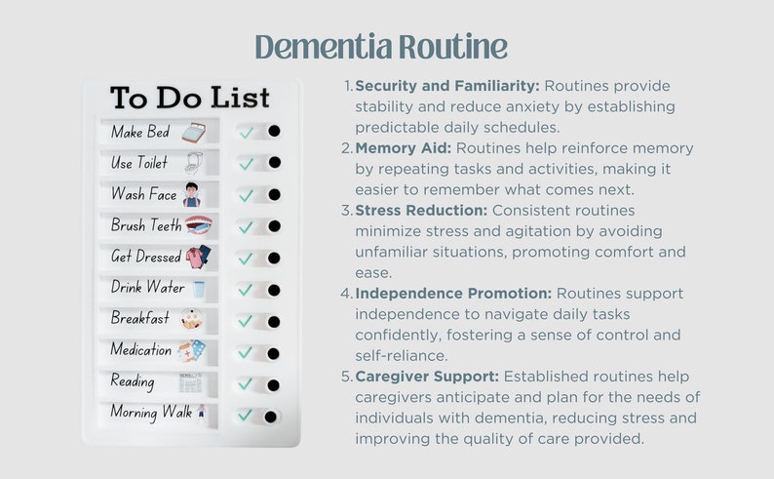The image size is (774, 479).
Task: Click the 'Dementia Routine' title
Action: click(x=381, y=47)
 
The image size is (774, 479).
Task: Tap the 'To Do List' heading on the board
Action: click(x=189, y=99)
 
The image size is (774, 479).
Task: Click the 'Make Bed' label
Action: click(x=139, y=132)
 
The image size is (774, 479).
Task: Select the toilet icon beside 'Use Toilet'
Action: click(x=193, y=163)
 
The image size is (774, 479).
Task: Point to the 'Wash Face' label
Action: click(x=143, y=194)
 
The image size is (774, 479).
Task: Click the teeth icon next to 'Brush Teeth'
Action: click(x=199, y=225)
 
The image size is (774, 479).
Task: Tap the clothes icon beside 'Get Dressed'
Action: click(x=198, y=257)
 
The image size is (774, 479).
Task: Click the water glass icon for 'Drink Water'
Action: click(x=199, y=289)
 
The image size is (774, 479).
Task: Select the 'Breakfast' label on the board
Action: click(x=139, y=319)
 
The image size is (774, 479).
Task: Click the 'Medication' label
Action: click(x=141, y=350)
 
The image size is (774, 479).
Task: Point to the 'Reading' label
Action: click(x=132, y=381)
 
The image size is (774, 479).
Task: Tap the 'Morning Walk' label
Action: click(x=150, y=413)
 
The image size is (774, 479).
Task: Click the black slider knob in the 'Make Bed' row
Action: click(x=274, y=131)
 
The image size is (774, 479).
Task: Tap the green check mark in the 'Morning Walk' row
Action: click(x=246, y=416)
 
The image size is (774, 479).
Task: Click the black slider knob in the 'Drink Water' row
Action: click(x=274, y=290)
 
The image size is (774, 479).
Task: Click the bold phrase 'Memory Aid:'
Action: click(x=403, y=148)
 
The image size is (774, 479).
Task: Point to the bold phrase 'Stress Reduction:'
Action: click(x=421, y=211)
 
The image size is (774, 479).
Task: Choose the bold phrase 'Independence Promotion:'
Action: click(x=453, y=294)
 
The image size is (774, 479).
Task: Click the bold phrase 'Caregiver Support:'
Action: click(x=427, y=377)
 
